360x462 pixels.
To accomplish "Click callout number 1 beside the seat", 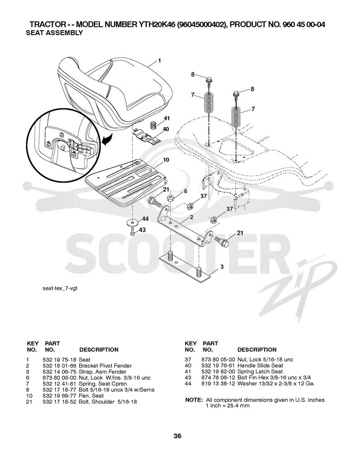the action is (159, 61).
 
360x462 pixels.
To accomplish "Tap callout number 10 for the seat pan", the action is (166, 160).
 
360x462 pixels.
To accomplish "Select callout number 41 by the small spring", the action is (167, 118).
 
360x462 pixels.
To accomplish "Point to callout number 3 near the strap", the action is (222, 267).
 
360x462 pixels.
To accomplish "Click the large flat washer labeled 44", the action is (133, 222).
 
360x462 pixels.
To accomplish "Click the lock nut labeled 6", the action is (171, 197).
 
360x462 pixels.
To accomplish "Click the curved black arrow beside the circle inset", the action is (107, 139).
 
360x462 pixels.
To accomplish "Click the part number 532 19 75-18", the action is (59, 360).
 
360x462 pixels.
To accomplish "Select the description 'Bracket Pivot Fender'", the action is (105, 366).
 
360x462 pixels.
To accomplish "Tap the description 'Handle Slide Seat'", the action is (260, 366).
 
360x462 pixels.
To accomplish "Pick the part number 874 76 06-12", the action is (218, 378).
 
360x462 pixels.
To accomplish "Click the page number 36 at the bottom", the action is (177, 436).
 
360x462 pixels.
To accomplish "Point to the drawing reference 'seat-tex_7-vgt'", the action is (60, 288).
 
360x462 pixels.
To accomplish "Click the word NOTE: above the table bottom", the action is (194, 400).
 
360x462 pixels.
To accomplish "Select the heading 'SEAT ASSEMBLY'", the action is (54, 33).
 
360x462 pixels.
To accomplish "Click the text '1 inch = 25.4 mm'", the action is (228, 406).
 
